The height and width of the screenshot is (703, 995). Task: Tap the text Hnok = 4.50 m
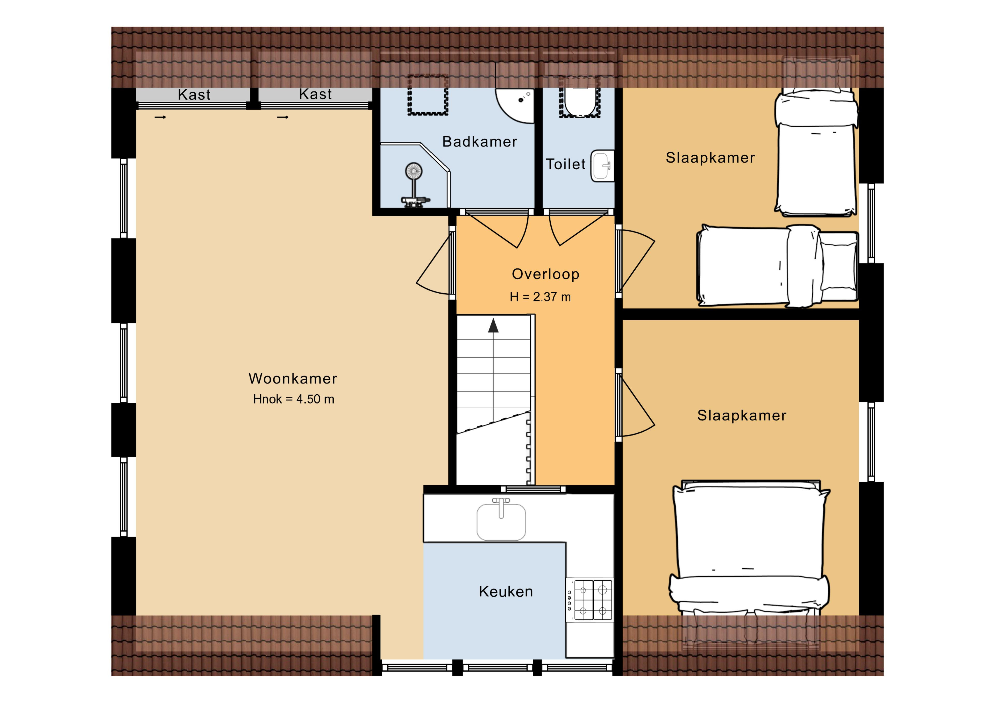pyautogui.click(x=293, y=399)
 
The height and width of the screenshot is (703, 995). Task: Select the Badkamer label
pyautogui.click(x=479, y=142)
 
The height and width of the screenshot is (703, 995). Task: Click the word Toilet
pyautogui.click(x=566, y=164)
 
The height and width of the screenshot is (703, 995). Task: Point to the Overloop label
pyautogui.click(x=546, y=274)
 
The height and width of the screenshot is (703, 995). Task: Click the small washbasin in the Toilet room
pyautogui.click(x=602, y=165)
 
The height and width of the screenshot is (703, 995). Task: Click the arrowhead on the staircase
pyautogui.click(x=493, y=326)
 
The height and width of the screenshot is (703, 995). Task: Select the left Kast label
pyautogui.click(x=194, y=95)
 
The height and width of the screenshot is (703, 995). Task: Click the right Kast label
pyautogui.click(x=316, y=94)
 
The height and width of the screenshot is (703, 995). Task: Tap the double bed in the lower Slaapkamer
pyautogui.click(x=749, y=548)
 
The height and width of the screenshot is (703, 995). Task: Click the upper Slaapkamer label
pyautogui.click(x=710, y=158)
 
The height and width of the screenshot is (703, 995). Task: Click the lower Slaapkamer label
pyautogui.click(x=742, y=415)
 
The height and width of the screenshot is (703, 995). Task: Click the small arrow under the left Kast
pyautogui.click(x=160, y=117)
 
